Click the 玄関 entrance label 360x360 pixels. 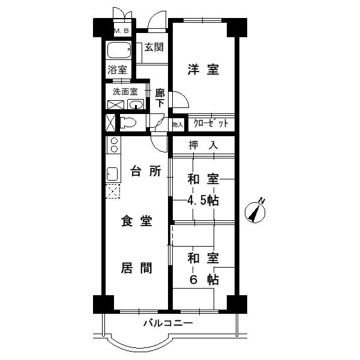click(154, 47)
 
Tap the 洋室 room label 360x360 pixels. click(202, 70)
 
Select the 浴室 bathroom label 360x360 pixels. click(117, 70)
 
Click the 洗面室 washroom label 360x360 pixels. click(125, 92)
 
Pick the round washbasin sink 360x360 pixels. click(136, 105)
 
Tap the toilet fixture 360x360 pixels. click(128, 122)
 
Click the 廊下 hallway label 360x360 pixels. click(160, 98)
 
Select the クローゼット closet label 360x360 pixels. click(210, 124)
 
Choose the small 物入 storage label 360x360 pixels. click(177, 125)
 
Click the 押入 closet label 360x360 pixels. click(202, 145)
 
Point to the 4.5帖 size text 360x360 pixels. click(202, 201)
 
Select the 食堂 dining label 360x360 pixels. click(137, 221)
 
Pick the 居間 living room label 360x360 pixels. click(137, 268)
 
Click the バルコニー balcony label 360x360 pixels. click(168, 324)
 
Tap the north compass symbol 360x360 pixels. click(257, 211)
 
